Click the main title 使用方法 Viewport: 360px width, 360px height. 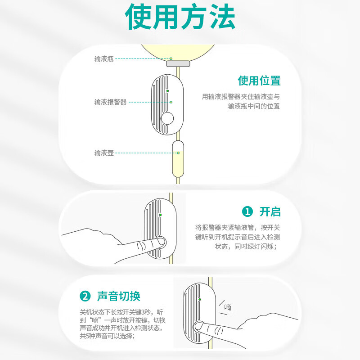point(180,17)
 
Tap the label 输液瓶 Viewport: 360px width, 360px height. point(104,59)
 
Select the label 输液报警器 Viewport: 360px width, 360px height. point(110,102)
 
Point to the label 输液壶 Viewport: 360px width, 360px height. point(104,153)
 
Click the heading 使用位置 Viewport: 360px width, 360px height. point(259,81)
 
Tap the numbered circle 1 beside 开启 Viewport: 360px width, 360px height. point(247,211)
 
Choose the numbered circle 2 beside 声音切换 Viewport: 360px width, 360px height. point(85,296)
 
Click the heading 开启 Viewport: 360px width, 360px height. point(270,211)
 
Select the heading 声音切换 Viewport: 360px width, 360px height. point(119,296)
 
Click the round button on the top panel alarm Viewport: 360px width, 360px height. point(167,118)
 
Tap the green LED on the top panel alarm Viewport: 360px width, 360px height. point(167,91)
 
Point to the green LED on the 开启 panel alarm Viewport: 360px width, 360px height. point(160,215)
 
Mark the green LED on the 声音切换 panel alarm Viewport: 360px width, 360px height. point(200,299)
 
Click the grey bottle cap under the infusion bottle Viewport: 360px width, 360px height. point(178,63)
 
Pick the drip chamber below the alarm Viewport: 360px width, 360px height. point(178,159)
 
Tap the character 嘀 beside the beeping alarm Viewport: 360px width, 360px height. point(228,307)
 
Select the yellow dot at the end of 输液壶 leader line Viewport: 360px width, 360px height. point(178,153)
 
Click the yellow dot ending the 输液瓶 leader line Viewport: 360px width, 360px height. point(171,59)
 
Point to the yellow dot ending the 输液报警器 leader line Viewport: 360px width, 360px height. point(171,102)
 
